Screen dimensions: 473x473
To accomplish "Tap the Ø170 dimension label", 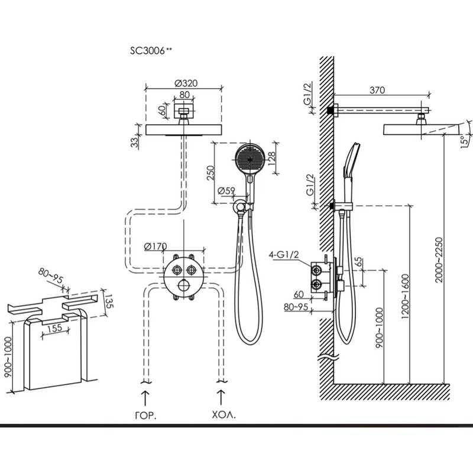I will pos(155,246).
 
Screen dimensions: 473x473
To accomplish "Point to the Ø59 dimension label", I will pos(226,191).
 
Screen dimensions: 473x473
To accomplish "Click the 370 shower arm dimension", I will pos(377,90).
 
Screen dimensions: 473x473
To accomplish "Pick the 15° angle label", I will pos(465,140).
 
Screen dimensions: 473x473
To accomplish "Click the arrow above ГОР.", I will pos(146,395).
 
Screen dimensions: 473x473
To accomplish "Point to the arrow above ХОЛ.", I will pos(222,395).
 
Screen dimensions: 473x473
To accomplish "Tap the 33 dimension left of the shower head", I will pos(135,141).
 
